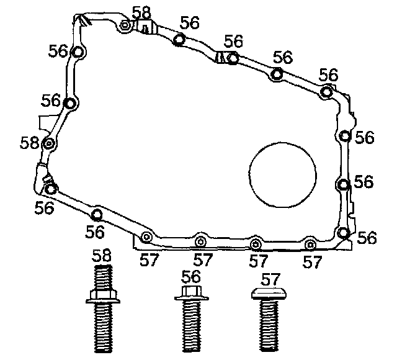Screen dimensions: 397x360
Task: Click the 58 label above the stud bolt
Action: click(102, 254)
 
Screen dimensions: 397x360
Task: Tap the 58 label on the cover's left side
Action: click(29, 143)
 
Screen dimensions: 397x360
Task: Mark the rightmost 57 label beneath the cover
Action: click(314, 262)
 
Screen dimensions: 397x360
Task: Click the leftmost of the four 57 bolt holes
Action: click(146, 236)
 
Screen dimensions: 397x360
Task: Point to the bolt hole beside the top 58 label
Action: click(126, 25)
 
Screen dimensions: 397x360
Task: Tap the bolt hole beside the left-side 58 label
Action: click(50, 144)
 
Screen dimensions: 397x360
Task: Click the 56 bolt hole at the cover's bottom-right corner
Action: click(344, 233)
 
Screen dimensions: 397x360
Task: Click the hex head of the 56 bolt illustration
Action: click(192, 292)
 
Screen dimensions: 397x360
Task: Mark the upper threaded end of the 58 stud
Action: click(102, 274)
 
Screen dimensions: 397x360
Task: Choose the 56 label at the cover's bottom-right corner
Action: click(367, 237)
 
